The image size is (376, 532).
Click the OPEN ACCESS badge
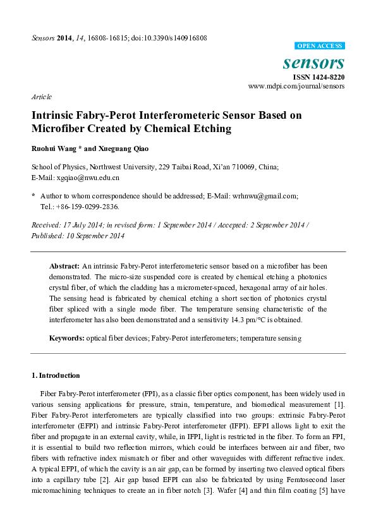pos(320,46)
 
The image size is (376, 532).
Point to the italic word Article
pos(41,97)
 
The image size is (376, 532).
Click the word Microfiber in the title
pos(59,129)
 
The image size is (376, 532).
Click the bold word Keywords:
pos(67,339)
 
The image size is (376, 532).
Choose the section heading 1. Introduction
pos(56,375)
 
